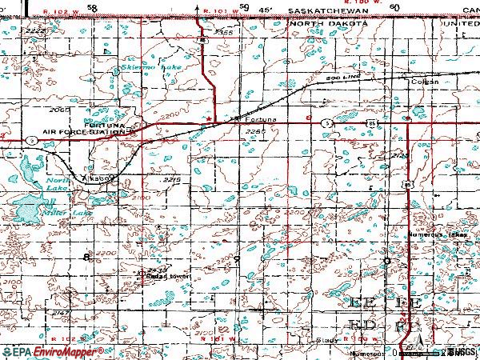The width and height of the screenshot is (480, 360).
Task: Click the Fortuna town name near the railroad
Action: (x=261, y=120)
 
